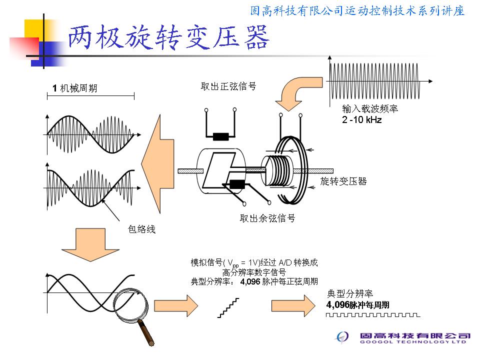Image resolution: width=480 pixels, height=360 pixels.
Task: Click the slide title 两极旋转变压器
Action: [x=169, y=37]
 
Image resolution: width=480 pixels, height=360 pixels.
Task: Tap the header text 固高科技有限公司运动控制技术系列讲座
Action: [x=357, y=10]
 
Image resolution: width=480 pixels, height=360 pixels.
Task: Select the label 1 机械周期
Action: [x=75, y=88]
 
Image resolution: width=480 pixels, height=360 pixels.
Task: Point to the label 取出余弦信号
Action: [x=267, y=218]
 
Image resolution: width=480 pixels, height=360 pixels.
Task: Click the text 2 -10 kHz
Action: [x=361, y=120]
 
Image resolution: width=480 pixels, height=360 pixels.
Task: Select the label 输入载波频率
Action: [x=370, y=108]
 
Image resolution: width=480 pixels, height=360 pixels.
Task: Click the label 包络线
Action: [x=141, y=229]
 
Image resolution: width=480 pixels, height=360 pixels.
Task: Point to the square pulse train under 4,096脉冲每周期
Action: [x=373, y=315]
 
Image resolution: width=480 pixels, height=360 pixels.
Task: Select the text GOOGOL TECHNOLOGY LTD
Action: [x=413, y=342]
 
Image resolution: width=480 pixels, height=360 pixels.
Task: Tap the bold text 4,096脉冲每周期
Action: [x=357, y=304]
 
